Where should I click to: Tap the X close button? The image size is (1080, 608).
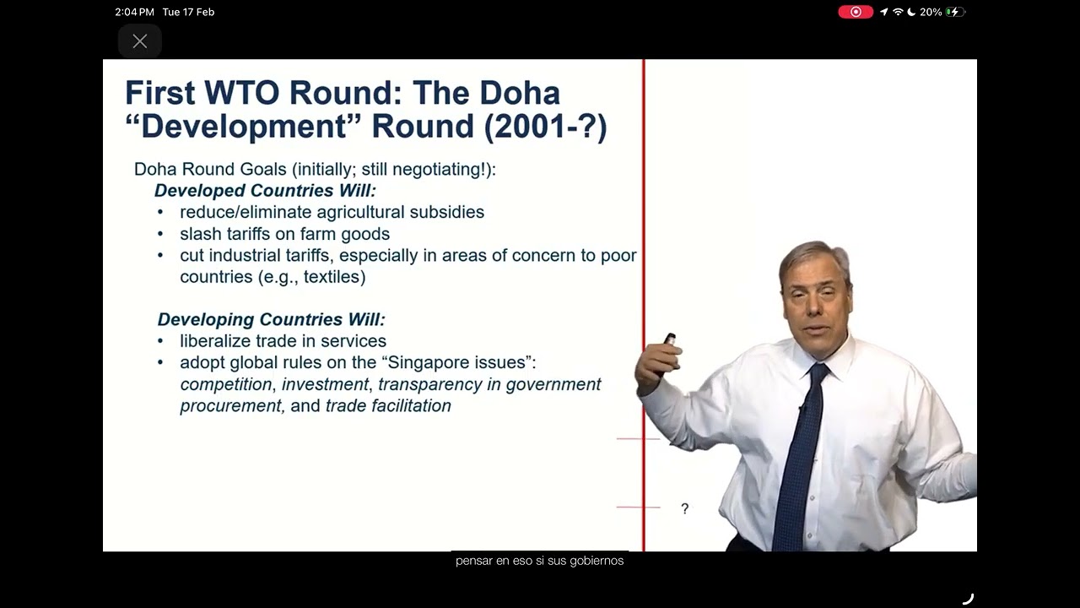140,41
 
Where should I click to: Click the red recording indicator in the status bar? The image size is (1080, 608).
856,12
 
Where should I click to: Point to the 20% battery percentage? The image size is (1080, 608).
931,12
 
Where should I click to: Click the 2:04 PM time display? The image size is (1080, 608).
134,12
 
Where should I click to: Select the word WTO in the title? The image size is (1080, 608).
242,93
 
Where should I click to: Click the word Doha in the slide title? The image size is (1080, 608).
521,93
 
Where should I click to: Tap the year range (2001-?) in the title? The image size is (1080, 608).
545,127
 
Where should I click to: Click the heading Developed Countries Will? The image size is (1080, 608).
265,191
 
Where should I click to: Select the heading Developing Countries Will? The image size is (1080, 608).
272,319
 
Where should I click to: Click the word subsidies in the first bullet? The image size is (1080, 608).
447,212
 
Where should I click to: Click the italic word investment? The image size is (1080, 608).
326,384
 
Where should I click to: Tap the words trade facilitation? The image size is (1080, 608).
389,406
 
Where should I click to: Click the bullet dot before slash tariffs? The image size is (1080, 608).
160,234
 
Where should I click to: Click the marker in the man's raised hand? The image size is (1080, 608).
669,339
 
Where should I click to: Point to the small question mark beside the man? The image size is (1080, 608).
684,508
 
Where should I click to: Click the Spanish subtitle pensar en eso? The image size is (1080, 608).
491,561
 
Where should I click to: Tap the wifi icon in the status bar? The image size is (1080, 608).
898,12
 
